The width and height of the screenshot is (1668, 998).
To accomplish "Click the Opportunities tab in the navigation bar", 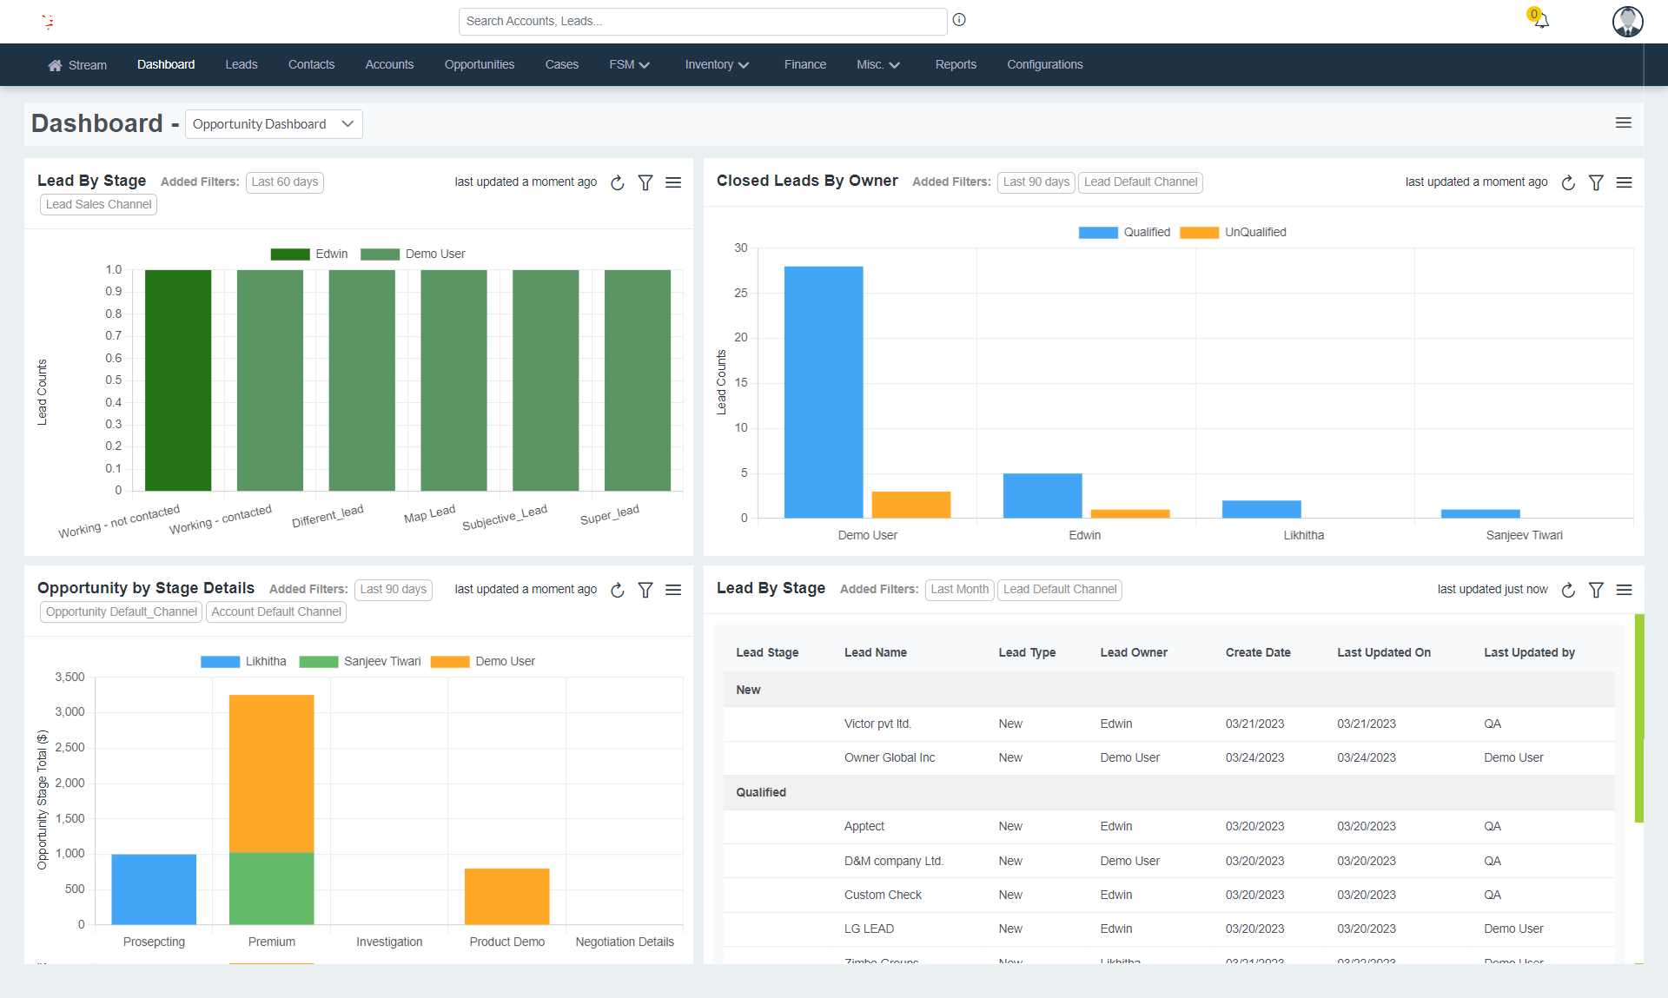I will point(479,64).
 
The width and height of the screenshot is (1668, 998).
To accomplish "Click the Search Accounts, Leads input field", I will point(702,21).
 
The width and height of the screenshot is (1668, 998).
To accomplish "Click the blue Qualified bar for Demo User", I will point(823,392).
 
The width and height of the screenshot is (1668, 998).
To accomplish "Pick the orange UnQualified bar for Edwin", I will point(1129,513).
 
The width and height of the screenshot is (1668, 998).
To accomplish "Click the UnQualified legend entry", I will point(1234,232).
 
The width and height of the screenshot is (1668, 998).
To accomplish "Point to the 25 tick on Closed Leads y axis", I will point(741,293).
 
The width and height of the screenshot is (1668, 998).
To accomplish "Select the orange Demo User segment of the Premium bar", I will point(271,773).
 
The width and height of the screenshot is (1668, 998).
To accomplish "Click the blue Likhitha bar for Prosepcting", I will point(154,889).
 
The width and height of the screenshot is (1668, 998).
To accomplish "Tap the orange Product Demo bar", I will point(506,896).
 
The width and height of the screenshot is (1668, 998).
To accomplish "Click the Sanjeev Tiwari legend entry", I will point(361,661).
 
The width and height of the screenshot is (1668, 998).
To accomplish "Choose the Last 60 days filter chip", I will point(284,182).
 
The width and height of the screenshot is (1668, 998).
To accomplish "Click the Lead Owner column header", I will point(1133,652).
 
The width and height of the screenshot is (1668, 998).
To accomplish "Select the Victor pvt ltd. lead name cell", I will point(877,724).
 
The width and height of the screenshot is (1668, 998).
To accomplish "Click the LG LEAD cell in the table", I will point(869,929).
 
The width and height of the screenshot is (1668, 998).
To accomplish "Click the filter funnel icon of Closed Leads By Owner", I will point(1596,182).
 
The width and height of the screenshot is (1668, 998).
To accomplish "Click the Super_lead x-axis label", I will point(610,515).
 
